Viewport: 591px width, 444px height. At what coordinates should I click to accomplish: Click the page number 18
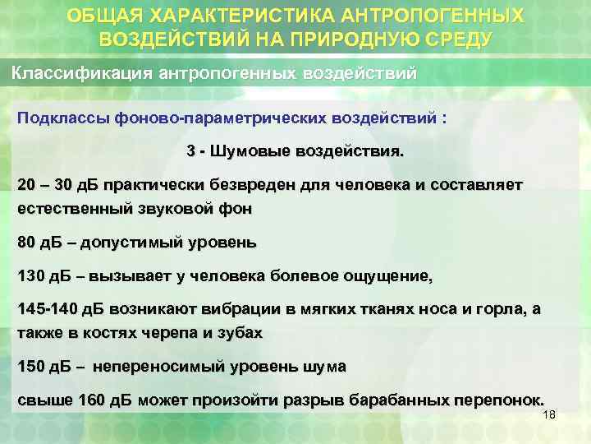coord(549,414)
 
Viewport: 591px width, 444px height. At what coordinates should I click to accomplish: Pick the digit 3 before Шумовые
coord(191,152)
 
